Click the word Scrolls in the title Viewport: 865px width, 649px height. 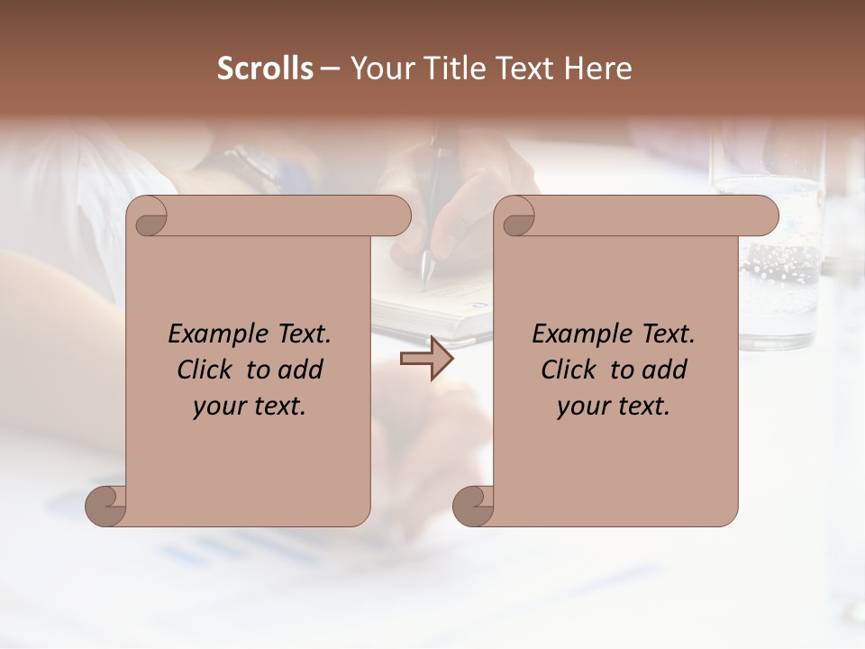[x=265, y=69]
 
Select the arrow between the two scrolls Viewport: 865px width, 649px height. [x=426, y=359]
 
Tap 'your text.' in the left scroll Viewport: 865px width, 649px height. [x=249, y=407]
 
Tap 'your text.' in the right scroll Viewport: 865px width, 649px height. [x=613, y=407]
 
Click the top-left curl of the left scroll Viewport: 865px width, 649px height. [x=148, y=216]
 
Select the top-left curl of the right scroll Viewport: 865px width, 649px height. [x=515, y=216]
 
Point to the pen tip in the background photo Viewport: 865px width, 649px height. [x=425, y=280]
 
